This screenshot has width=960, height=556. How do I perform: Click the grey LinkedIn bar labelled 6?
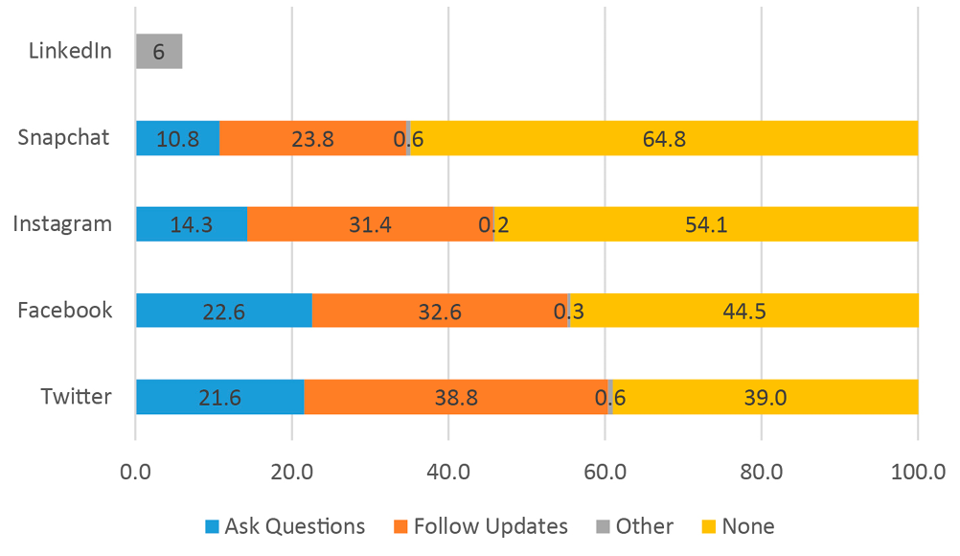point(159,51)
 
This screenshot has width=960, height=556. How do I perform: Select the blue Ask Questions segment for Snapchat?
point(177,138)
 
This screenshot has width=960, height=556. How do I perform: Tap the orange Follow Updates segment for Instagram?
point(370,224)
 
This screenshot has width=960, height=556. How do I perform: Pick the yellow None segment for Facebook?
point(743,311)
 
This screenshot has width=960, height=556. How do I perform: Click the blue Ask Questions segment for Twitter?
point(219,397)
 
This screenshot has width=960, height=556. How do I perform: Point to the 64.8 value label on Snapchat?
point(664,138)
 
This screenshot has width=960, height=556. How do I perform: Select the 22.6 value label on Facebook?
point(223,311)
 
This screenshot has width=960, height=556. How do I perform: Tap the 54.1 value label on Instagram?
point(705,224)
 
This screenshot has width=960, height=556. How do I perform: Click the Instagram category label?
point(62,224)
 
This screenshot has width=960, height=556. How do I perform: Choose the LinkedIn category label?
point(70,51)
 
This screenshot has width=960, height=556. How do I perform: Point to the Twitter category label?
point(76,397)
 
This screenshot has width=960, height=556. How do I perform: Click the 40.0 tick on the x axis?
point(448,472)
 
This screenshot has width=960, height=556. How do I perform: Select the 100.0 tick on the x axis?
point(917,472)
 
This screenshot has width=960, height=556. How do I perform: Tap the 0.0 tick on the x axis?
point(136,472)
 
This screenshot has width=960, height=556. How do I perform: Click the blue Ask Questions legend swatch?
point(211,526)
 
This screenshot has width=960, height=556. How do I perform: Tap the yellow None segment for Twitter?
point(765,397)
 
